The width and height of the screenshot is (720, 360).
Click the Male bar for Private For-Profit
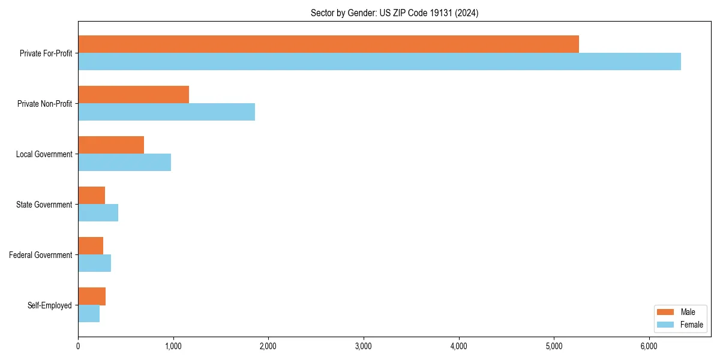pos(328,44)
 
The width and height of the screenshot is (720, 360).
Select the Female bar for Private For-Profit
pos(379,62)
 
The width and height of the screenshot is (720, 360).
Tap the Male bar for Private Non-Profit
pos(133,95)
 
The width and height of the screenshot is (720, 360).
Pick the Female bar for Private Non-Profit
pos(166,112)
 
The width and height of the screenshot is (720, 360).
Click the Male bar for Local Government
pos(111,145)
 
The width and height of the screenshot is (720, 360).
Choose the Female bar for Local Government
pos(124,163)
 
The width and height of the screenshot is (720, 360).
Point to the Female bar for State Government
pos(98,213)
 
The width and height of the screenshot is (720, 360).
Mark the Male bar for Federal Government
pos(91,246)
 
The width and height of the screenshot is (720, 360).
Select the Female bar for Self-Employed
pos(89,314)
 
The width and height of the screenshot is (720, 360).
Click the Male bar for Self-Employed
pos(92,296)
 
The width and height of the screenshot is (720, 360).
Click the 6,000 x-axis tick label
pos(649,346)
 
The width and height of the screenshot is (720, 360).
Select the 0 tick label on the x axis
pos(78,346)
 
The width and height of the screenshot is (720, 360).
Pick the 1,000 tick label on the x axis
pos(173,346)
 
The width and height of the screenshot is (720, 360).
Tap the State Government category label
pos(44,205)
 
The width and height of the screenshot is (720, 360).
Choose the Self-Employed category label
pos(50,305)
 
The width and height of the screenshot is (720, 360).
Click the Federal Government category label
pos(41,255)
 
